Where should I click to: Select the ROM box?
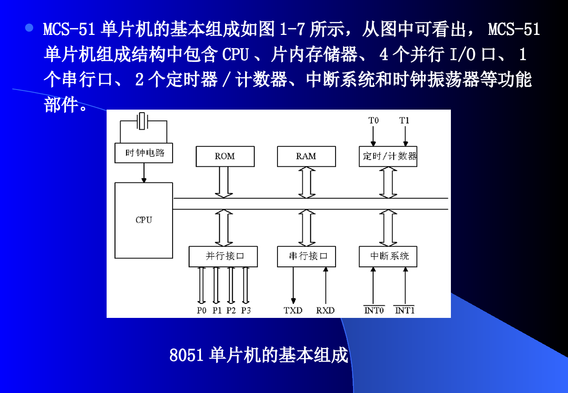pyautogui.click(x=225, y=156)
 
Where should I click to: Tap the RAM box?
pyautogui.click(x=306, y=156)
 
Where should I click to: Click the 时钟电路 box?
pyautogui.click(x=144, y=153)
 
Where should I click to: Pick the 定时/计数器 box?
pyautogui.click(x=388, y=156)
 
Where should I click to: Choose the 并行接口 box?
pyautogui.click(x=223, y=256)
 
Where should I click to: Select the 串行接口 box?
pyautogui.click(x=306, y=256)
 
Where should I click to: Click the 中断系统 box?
pyautogui.click(x=388, y=256)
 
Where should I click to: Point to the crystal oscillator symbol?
pyautogui.click(x=142, y=121)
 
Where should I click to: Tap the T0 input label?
pyautogui.click(x=373, y=121)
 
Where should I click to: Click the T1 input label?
pyautogui.click(x=404, y=121)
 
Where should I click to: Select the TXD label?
pyautogui.click(x=293, y=310)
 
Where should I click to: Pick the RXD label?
pyautogui.click(x=326, y=310)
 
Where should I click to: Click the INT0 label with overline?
pyautogui.click(x=374, y=310)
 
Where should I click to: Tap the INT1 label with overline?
pyautogui.click(x=405, y=310)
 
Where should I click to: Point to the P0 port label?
pyautogui.click(x=201, y=310)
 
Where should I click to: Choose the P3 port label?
pyautogui.click(x=246, y=310)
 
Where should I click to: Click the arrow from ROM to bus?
pyautogui.click(x=224, y=182)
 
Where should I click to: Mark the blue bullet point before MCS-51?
pyautogui.click(x=29, y=28)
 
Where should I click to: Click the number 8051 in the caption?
pyautogui.click(x=187, y=355)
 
